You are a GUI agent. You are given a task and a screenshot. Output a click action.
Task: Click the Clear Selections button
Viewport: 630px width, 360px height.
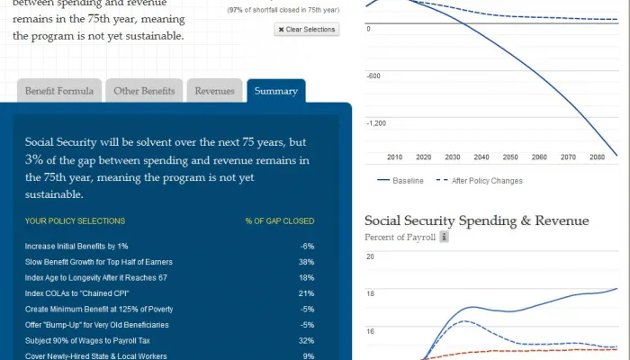click(307, 30)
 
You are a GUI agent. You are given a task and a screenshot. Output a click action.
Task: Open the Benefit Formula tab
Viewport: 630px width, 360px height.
click(58, 91)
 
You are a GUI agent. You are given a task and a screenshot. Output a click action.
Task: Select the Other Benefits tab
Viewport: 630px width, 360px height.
click(144, 91)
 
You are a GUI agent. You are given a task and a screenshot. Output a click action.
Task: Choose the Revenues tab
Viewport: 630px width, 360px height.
click(215, 91)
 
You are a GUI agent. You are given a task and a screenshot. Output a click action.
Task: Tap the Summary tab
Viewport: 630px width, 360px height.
click(275, 91)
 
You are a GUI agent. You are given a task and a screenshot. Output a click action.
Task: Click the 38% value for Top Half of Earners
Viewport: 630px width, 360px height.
click(306, 262)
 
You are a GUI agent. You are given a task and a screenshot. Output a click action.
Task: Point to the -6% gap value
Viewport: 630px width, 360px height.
click(307, 246)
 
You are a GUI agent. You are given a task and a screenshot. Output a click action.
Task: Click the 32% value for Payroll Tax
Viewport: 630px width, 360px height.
click(306, 341)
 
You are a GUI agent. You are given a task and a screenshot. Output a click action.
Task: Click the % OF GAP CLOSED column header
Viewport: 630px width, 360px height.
click(280, 220)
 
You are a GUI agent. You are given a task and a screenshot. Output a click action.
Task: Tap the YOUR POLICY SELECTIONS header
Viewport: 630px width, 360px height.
click(75, 220)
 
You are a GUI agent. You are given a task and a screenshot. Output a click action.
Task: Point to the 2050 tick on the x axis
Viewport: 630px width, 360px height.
click(510, 157)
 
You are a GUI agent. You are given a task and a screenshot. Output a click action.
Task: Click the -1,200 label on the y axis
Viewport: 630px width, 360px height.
click(376, 123)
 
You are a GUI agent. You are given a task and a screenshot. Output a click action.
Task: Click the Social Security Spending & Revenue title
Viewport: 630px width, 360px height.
click(476, 220)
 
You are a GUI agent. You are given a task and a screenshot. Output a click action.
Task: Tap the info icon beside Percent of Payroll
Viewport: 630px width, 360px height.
click(444, 238)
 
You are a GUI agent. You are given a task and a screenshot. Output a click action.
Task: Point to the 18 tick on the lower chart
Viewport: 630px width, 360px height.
click(369, 294)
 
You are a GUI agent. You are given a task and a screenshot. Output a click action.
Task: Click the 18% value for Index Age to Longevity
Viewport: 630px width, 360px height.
click(306, 278)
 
